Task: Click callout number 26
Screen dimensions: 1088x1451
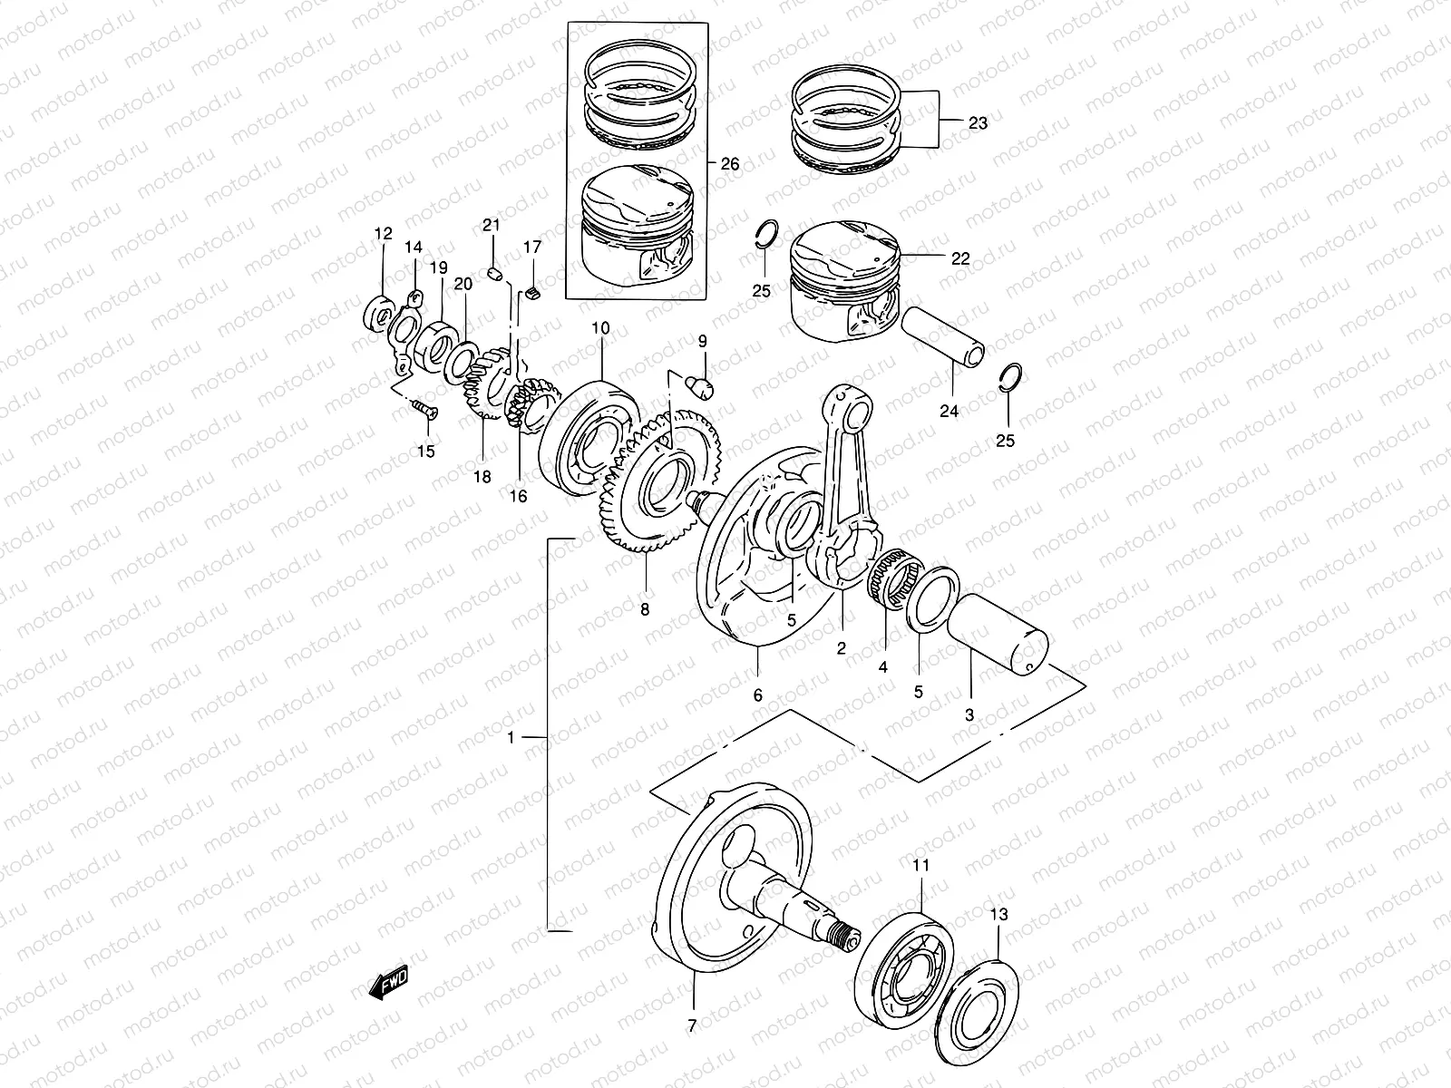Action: (730, 164)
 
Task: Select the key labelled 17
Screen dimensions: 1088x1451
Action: (532, 292)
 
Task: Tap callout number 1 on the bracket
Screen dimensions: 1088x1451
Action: (511, 738)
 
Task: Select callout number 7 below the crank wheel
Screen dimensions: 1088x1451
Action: (692, 1026)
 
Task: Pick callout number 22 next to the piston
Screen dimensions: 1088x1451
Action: (959, 258)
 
